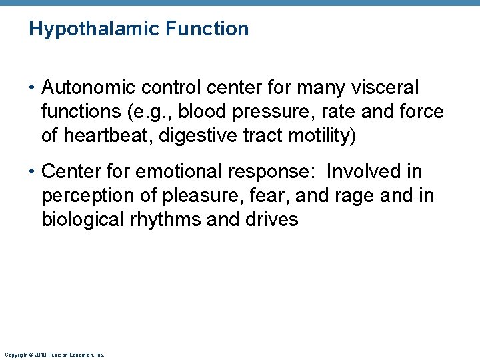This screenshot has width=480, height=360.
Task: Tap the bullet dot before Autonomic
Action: point(33,88)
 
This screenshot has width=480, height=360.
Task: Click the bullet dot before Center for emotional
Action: point(33,173)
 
